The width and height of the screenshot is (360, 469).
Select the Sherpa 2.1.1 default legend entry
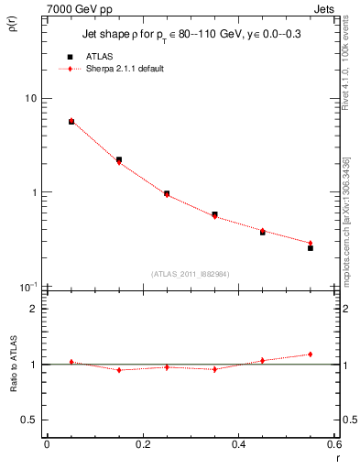tap(125, 70)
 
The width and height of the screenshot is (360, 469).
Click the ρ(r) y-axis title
tap(13, 25)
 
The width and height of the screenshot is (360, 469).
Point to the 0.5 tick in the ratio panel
tap(29, 420)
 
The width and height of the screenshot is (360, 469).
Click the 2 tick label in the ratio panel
tap(34, 309)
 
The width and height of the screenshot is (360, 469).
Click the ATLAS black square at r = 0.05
tap(71, 121)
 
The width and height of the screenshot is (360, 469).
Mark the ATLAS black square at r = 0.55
tap(311, 248)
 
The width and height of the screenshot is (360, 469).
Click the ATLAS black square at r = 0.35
tap(214, 214)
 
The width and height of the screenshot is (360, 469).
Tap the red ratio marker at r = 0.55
tap(311, 354)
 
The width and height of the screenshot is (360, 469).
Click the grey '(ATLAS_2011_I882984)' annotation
tap(190, 273)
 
